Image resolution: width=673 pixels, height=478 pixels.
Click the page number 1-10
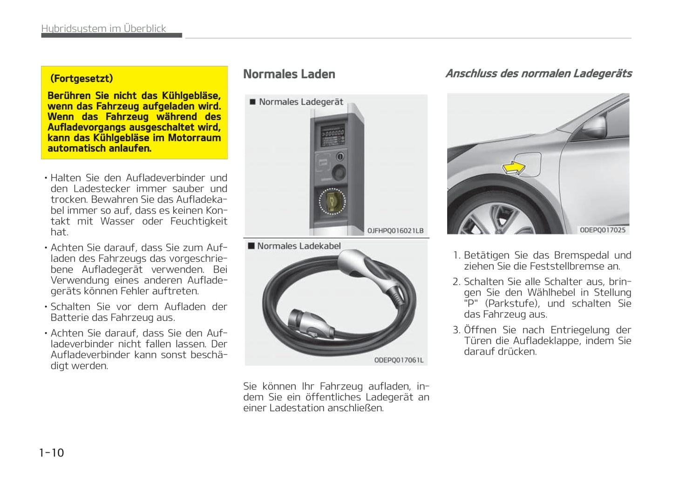coord(51,452)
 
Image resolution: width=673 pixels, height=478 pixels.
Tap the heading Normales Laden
coord(289,74)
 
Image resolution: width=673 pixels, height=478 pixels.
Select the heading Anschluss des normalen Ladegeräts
coord(538,74)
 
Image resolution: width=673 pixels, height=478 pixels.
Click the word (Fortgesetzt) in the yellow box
coord(82,78)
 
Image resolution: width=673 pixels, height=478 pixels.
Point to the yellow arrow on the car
coord(513,168)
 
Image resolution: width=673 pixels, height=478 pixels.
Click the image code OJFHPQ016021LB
coord(395,231)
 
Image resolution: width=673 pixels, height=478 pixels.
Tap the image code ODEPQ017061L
coord(399,360)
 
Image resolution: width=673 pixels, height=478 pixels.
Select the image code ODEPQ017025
coord(602,230)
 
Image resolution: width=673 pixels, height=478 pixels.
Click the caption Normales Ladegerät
coord(300,102)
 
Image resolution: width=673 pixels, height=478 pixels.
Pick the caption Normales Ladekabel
coord(299,246)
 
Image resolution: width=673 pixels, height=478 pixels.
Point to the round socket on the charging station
coord(332,201)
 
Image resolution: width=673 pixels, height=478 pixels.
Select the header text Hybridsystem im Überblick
coord(103,28)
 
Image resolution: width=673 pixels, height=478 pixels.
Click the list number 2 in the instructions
coord(456,282)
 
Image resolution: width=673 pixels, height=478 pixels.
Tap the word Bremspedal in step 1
coord(581,255)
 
